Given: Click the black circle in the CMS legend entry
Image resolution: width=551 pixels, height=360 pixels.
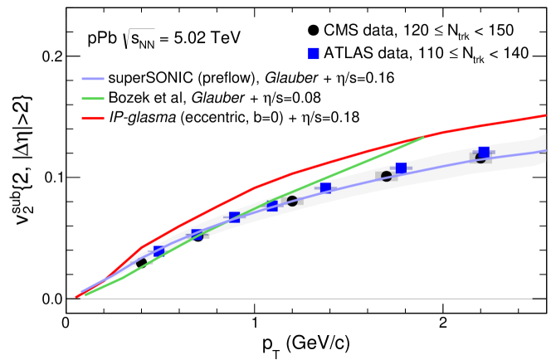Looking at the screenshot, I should [x=313, y=32].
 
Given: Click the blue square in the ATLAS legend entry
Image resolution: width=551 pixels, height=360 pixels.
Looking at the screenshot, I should [x=313, y=54].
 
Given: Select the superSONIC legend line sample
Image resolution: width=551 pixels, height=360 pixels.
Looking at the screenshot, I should [x=100, y=79].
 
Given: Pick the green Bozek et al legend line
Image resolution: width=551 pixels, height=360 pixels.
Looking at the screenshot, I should [x=100, y=99].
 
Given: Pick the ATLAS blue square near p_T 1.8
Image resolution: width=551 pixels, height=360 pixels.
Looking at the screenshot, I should [x=401, y=168].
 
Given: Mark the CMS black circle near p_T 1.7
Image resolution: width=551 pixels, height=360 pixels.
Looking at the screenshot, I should [x=387, y=176].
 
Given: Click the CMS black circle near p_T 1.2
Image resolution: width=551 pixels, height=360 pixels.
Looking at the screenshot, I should [x=292, y=202].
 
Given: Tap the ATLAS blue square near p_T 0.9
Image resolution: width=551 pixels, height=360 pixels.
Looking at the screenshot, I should [x=234, y=217].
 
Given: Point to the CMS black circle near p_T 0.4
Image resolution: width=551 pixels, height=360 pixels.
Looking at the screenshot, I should [x=141, y=263].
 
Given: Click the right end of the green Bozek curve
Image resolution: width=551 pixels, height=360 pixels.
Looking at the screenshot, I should [x=424, y=136].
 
